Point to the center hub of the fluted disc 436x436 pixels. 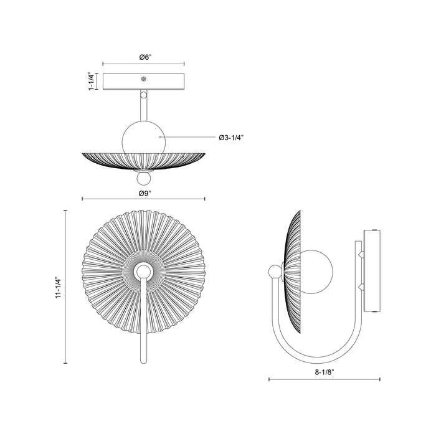pyautogui.click(x=144, y=272)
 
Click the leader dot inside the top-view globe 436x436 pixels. pyautogui.click(x=161, y=136)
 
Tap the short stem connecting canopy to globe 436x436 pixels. pyautogui.click(x=144, y=106)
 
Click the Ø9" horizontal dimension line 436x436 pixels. pyautogui.click(x=144, y=199)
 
